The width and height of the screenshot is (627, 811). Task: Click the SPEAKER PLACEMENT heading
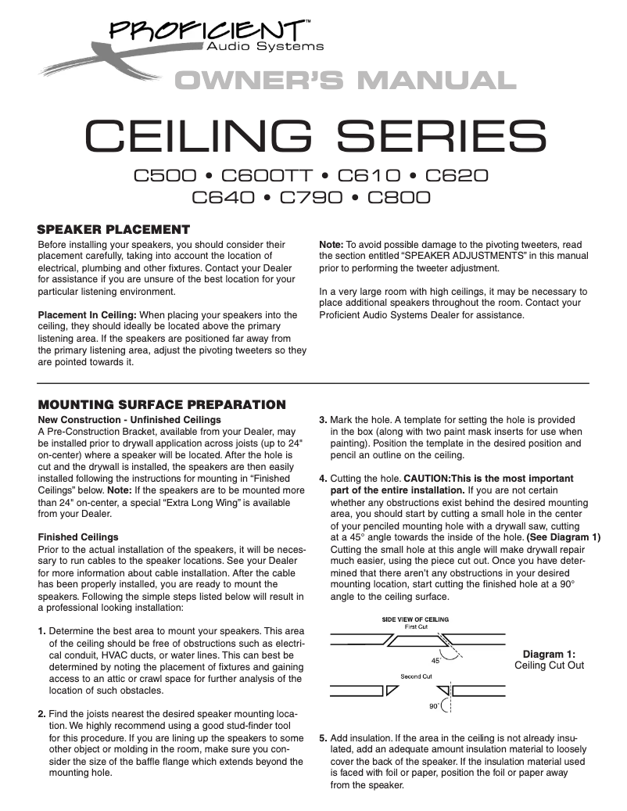114,229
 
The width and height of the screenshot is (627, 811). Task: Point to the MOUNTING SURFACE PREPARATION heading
162,404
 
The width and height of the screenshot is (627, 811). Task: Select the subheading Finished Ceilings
78,537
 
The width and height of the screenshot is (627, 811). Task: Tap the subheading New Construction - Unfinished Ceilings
129,420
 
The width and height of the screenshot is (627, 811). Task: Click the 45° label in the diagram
436,660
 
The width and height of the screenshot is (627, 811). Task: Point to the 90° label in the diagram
434,705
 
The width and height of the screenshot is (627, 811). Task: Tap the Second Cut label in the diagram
417,675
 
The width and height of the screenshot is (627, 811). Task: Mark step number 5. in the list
323,737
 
